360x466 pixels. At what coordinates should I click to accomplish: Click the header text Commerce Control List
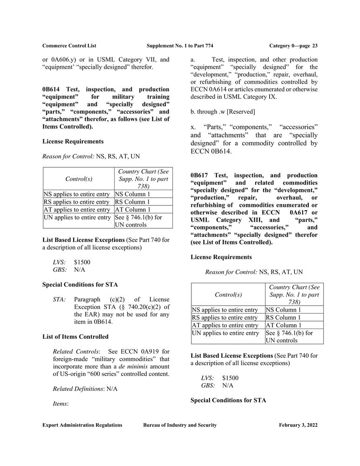(69, 45)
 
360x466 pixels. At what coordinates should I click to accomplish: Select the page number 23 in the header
(314, 45)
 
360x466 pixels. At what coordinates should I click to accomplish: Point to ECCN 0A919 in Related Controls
(142, 350)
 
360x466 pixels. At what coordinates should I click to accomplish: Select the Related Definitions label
(77, 388)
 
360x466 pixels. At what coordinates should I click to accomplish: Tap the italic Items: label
(61, 404)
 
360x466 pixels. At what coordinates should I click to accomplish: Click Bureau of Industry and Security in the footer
(180, 425)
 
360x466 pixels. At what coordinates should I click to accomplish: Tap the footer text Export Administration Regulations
(82, 425)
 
